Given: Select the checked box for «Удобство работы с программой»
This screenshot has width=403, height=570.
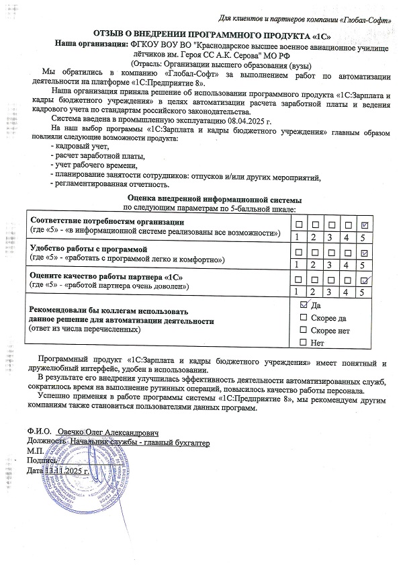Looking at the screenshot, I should [363, 253].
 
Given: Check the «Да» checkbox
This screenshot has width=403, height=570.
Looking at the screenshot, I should [303, 306].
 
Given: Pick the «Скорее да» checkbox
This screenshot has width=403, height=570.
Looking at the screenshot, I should [303, 318].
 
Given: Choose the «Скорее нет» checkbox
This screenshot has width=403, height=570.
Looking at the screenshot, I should [303, 331].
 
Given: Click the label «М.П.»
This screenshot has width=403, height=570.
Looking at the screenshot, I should [34, 452].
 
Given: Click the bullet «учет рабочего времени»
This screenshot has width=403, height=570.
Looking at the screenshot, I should [95, 165].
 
